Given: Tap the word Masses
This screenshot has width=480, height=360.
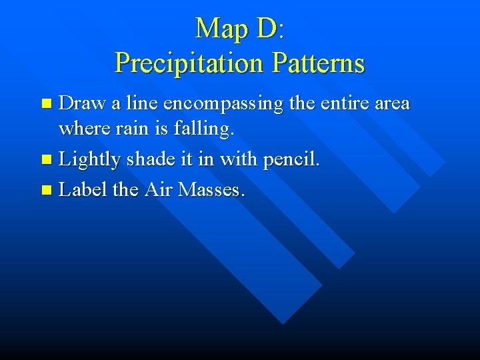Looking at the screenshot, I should [210, 190].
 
